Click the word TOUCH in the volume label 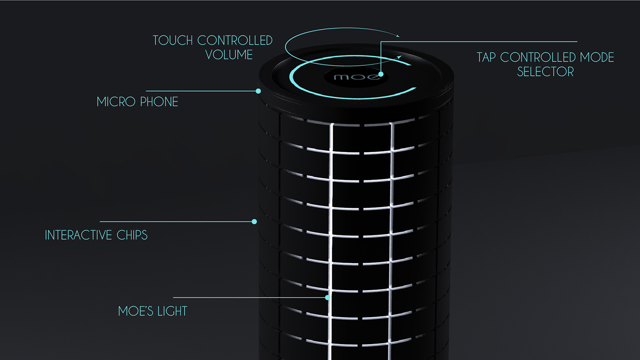point(173,40)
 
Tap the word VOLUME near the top point(229,55)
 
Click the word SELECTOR point(545,72)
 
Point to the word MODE point(597,58)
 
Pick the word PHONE point(159,102)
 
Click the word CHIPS point(131,235)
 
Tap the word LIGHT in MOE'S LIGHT point(171,312)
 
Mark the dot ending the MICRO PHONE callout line point(258,91)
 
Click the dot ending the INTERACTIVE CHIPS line point(255,222)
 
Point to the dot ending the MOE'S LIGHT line point(327,297)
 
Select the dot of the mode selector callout point(380,73)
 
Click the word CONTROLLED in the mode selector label point(539,58)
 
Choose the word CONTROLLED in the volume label point(235,40)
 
